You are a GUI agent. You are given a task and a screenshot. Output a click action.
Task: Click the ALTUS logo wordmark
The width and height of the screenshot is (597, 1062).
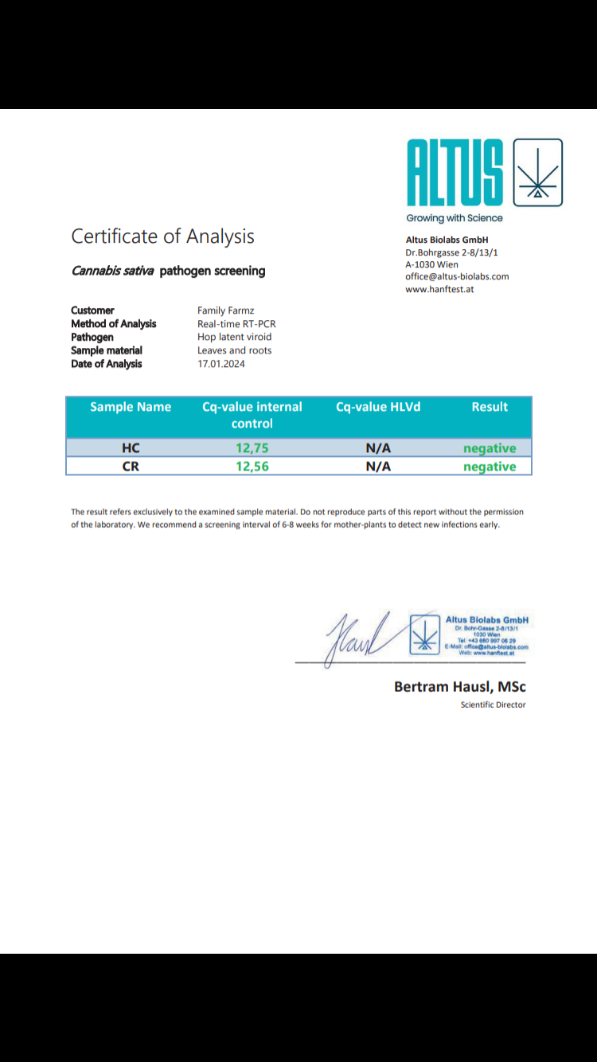[x=455, y=173]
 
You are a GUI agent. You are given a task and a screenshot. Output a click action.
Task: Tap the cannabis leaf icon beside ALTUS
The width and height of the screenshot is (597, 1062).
[x=538, y=173]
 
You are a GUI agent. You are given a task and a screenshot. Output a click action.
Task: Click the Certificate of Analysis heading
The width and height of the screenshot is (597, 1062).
[x=162, y=236]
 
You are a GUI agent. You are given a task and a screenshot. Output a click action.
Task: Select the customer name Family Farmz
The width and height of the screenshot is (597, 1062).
[x=226, y=310]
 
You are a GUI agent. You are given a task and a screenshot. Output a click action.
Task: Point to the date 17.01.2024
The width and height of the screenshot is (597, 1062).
[x=221, y=364]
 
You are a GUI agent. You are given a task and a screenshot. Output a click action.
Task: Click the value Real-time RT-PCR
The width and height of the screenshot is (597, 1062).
[x=236, y=324]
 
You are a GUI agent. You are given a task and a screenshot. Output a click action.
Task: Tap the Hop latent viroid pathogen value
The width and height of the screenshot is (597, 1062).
[x=234, y=337]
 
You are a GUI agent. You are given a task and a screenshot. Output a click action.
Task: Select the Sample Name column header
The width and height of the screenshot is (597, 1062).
[x=131, y=407]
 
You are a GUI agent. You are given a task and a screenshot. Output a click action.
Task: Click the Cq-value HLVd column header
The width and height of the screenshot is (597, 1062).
[x=378, y=407]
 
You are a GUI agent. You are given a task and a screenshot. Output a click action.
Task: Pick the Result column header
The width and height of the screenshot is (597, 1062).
[x=490, y=407]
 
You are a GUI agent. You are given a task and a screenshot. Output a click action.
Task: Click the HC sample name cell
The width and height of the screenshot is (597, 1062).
[x=131, y=448]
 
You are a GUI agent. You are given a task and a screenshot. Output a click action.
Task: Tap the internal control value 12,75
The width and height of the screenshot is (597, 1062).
[x=252, y=448]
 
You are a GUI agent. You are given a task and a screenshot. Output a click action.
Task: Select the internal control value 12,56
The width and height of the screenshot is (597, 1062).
[x=252, y=467]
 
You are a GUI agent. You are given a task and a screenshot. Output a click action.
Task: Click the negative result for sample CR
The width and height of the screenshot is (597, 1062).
[x=490, y=467]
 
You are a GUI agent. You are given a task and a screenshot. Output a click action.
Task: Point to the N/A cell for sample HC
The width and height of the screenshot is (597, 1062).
[x=378, y=448]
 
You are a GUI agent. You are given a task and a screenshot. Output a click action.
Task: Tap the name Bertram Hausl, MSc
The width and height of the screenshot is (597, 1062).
[x=460, y=686]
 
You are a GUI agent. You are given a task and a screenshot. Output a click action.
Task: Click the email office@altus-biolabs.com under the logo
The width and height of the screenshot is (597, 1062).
[x=457, y=276]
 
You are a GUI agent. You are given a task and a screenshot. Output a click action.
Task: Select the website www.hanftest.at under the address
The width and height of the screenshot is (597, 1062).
[x=439, y=289]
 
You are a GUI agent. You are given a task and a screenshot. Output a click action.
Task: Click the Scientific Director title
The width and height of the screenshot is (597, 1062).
[x=493, y=705]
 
